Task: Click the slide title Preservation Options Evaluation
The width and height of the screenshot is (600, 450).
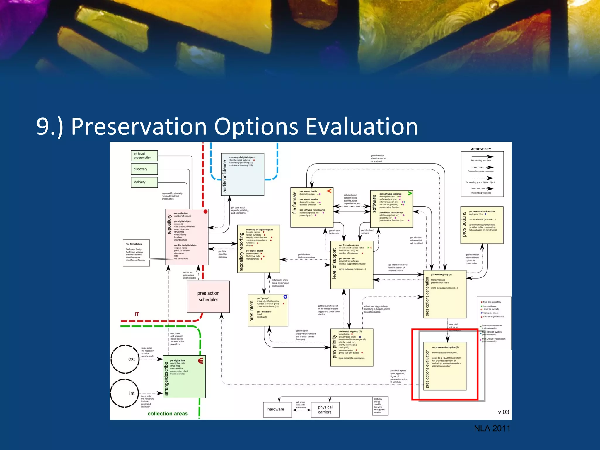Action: click(227, 127)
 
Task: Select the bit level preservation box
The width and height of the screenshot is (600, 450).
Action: click(144, 156)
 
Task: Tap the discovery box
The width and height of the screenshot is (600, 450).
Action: click(144, 169)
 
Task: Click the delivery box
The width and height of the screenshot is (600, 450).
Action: click(144, 182)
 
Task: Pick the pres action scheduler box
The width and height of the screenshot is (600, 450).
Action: click(208, 296)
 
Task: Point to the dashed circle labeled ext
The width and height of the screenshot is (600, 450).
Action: click(125, 359)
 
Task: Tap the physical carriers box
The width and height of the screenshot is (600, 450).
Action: click(325, 410)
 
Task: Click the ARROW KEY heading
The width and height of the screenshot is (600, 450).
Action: click(481, 149)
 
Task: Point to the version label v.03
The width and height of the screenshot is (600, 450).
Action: click(503, 412)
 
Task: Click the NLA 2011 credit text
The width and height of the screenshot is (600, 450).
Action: click(492, 428)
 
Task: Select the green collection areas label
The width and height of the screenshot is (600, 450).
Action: click(168, 414)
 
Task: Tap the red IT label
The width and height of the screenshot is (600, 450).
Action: click(137, 314)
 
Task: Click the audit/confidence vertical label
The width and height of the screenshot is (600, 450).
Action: click(225, 176)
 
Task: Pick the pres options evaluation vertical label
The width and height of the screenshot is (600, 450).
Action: click(427, 369)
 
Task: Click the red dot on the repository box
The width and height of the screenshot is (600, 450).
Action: click(205, 212)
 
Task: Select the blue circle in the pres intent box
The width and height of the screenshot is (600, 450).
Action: click(285, 297)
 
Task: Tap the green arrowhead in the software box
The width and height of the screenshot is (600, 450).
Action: click(410, 193)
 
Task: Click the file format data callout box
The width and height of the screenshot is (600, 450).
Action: click(136, 253)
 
